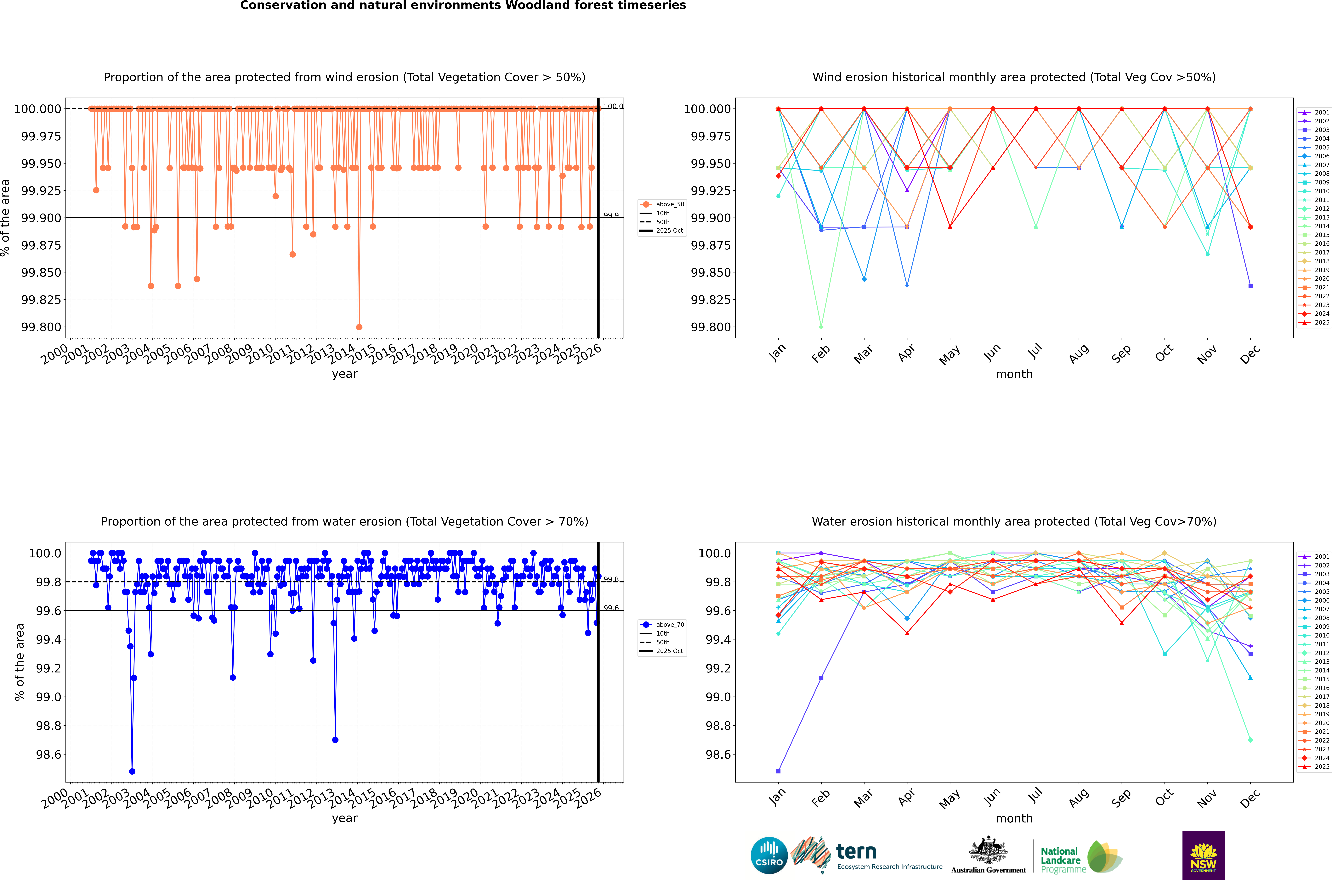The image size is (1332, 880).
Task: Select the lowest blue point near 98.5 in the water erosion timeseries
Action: click(132, 771)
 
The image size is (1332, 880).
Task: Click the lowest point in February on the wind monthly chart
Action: click(821, 327)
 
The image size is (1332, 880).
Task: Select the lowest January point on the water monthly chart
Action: click(778, 771)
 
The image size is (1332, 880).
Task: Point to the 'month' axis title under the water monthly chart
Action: click(1014, 818)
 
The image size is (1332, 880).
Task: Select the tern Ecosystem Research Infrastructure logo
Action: click(867, 855)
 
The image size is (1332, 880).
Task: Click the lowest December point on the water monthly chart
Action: click(1250, 740)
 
